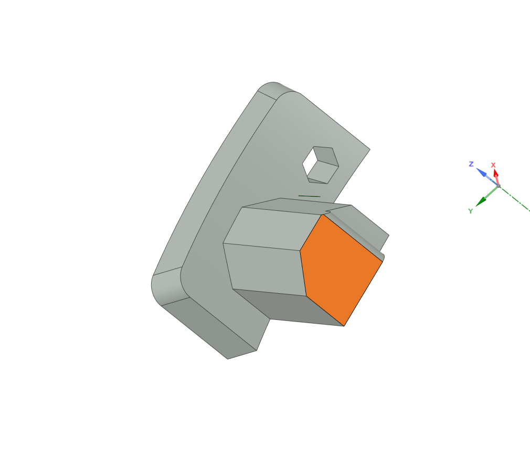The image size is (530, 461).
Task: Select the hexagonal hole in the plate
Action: [321, 165]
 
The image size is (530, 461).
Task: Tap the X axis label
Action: [493, 165]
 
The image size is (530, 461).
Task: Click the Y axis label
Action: [470, 211]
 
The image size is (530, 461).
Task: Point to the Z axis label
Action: [471, 164]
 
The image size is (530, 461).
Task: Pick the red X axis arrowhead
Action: [495, 173]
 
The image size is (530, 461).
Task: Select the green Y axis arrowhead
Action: [481, 201]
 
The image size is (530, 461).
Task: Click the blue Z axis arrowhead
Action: [481, 172]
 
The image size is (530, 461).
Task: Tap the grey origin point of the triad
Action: [499, 186]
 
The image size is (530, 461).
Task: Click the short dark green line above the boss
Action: [309, 196]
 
